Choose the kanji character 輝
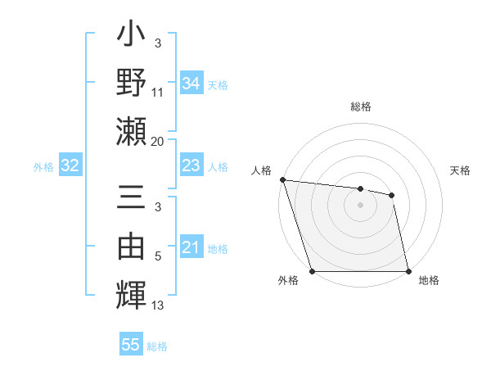[x=131, y=292]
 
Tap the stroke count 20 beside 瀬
[x=158, y=142]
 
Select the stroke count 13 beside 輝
[x=158, y=306]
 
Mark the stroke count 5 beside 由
[x=158, y=256]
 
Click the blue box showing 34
[x=191, y=83]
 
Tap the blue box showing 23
[x=191, y=165]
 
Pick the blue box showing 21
[x=191, y=247]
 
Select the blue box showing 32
[x=70, y=166]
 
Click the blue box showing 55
[x=131, y=345]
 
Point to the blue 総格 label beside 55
[x=157, y=346]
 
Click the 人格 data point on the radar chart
[x=282, y=179]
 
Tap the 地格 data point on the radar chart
[x=408, y=271]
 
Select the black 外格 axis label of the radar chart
[x=288, y=281]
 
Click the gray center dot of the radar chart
[x=360, y=205]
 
